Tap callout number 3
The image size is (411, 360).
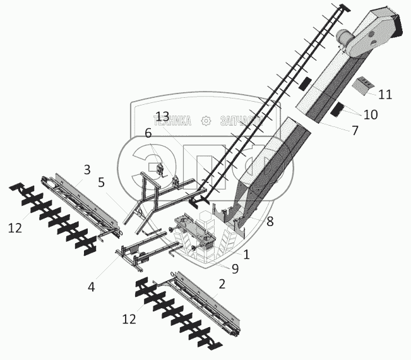(x=87, y=169)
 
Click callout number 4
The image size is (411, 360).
(x=92, y=287)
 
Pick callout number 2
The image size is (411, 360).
(x=220, y=285)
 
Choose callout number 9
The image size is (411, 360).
(x=234, y=268)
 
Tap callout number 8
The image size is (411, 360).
(x=270, y=221)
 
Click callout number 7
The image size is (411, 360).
(x=355, y=131)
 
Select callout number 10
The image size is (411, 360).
(x=370, y=114)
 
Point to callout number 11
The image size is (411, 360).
(x=385, y=95)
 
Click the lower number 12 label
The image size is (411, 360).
(x=129, y=320)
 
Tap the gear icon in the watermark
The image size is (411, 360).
(x=205, y=121)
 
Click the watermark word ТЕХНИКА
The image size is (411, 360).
(x=174, y=121)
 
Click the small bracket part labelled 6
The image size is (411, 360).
(x=160, y=170)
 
